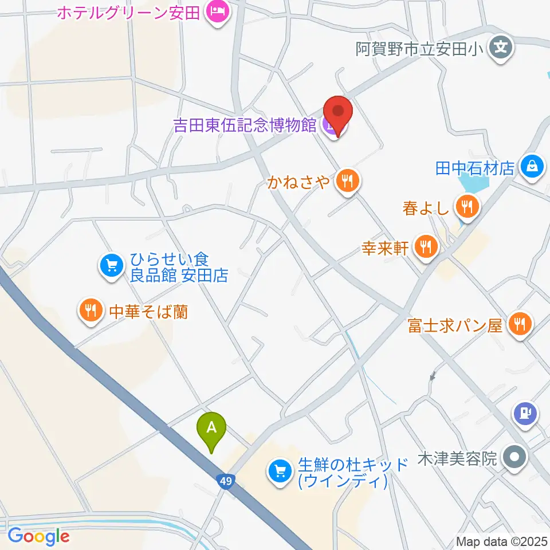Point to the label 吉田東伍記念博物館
pyautogui.click(x=245, y=124)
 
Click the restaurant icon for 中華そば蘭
pyautogui.click(x=90, y=311)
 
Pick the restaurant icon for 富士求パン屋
pyautogui.click(x=520, y=325)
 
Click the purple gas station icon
pyautogui.click(x=525, y=411)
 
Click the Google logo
pyautogui.click(x=38, y=537)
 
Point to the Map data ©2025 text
pyautogui.click(x=501, y=541)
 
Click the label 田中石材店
pyautogui.click(x=476, y=168)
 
